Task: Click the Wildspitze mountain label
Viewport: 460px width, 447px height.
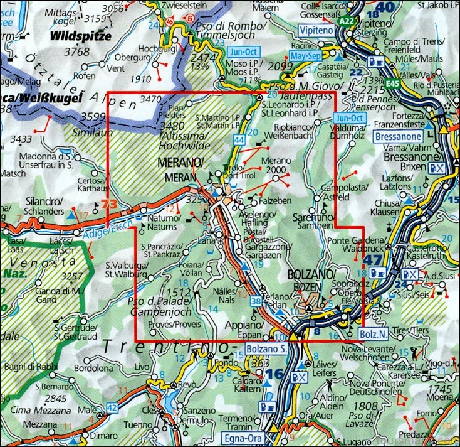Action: pos(82,36)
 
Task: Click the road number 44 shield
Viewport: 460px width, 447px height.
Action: pos(239,138)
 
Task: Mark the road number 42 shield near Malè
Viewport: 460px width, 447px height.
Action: pos(112,407)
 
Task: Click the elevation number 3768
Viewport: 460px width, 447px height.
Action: pos(76,52)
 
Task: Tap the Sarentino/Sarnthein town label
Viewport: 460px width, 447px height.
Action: pos(313,220)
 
